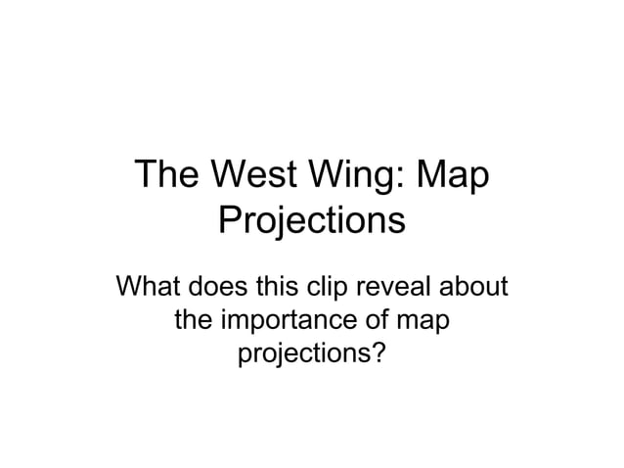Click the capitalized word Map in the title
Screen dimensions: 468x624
click(451, 178)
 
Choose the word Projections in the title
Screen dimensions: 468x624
click(311, 219)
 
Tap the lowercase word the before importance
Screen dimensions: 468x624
click(194, 319)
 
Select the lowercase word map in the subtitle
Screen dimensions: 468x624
click(424, 321)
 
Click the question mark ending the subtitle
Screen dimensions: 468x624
click(378, 351)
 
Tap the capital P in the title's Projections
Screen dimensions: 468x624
click(229, 219)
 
